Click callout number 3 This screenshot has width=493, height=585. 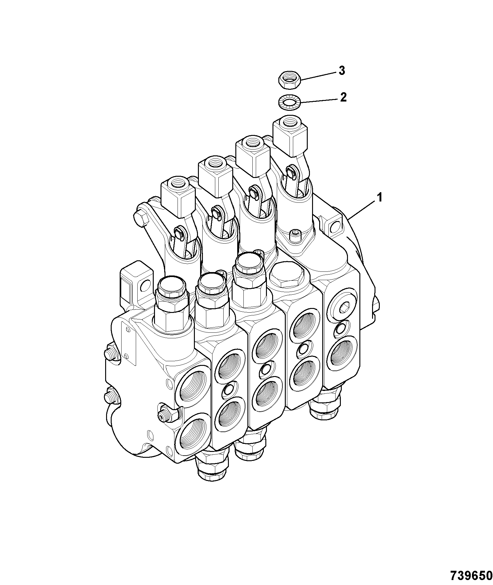coord(341,71)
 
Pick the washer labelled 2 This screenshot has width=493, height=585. coord(289,102)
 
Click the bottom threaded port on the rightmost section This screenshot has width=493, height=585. coord(341,353)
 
